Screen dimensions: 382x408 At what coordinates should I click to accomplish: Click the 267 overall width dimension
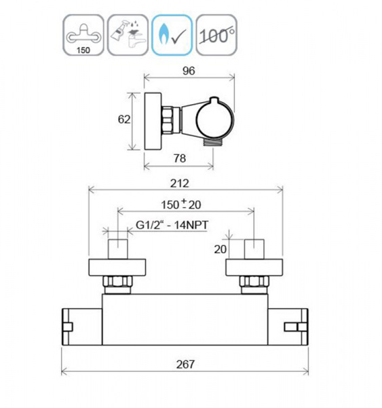coord(185,364)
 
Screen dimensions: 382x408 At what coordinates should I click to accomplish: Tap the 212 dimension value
coord(179,184)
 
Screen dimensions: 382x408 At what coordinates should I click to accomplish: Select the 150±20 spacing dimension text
coord(181,204)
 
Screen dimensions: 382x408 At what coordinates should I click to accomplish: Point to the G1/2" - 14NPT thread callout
coord(172,225)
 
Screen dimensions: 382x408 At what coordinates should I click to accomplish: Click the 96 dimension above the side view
coord(189,71)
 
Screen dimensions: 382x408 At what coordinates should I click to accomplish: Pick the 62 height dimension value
coord(124,120)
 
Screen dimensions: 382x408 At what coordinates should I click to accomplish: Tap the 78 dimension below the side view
coord(180,158)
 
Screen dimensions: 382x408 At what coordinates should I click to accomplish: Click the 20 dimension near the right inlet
coord(221,250)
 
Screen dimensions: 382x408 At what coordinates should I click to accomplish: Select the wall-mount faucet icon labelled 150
coord(83,35)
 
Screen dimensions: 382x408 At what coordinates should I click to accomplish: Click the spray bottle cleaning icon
coord(128,35)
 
